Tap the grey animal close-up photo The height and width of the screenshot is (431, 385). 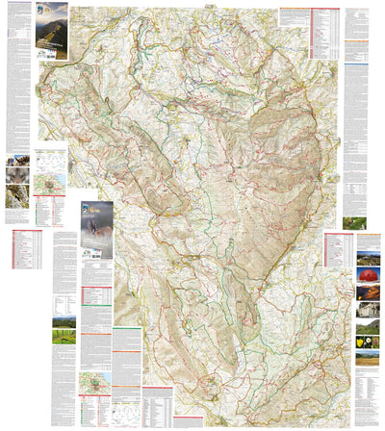pos(18,176)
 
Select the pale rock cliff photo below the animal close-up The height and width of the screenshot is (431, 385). pos(18,198)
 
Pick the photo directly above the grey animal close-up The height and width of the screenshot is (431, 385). pos(18,160)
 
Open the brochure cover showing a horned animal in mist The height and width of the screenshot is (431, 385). pos(96,229)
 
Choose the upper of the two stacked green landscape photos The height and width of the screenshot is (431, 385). pos(64,322)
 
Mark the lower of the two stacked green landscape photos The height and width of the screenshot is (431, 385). pos(64,339)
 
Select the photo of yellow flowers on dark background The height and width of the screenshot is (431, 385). pos(369,341)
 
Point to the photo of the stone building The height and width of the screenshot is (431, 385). pos(369,311)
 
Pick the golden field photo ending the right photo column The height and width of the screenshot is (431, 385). pos(369,357)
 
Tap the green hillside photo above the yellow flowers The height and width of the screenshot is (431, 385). pos(369,326)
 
